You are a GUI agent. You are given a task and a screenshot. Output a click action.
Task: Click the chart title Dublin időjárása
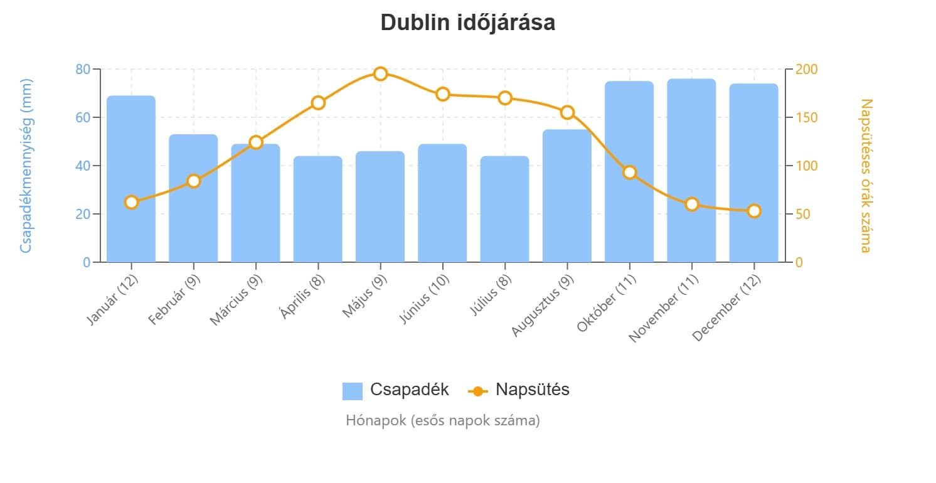coord(467,23)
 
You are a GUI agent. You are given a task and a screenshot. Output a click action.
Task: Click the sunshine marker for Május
coord(380,74)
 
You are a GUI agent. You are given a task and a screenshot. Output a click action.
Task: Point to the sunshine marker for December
coord(754,211)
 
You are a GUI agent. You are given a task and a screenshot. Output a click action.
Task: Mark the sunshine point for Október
coord(630,172)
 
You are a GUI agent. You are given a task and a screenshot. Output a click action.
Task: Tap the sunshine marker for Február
coord(193,181)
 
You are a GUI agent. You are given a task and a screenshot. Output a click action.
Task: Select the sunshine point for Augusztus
coord(567,112)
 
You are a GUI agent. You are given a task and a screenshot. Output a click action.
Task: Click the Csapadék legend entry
coord(396,390)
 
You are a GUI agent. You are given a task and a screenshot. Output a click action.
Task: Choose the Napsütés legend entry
coord(519,390)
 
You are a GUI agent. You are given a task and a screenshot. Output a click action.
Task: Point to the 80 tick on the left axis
coord(83,69)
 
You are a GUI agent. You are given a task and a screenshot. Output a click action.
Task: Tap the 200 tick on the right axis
coord(805,69)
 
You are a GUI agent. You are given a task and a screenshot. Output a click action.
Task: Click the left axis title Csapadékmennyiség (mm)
coord(26,166)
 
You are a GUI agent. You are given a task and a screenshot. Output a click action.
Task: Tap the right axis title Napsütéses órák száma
coord(866,175)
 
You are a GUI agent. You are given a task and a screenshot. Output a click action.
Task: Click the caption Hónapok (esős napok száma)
coord(442,420)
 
